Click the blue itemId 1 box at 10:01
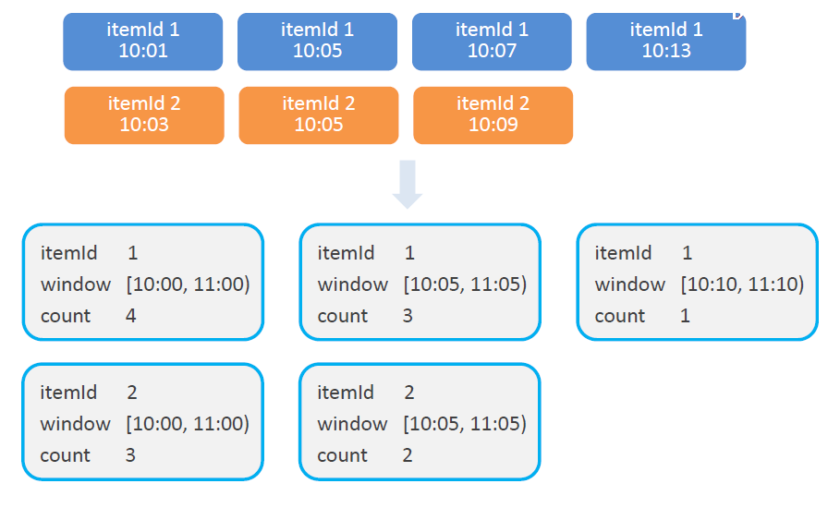142,42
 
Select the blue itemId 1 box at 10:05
317,42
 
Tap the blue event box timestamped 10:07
492,42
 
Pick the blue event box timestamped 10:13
666,42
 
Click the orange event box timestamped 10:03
144,115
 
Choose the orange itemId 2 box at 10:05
319,115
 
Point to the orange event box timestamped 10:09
493,115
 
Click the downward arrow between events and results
408,184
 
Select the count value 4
131,316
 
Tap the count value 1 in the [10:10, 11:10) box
685,316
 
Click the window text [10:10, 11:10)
742,284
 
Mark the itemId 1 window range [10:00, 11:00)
188,284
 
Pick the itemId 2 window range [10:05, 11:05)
465,423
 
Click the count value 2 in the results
408,455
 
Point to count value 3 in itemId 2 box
130,455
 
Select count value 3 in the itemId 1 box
408,316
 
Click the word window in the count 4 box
76,284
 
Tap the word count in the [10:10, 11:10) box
619,316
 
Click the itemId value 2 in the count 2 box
409,393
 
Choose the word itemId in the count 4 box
68,253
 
